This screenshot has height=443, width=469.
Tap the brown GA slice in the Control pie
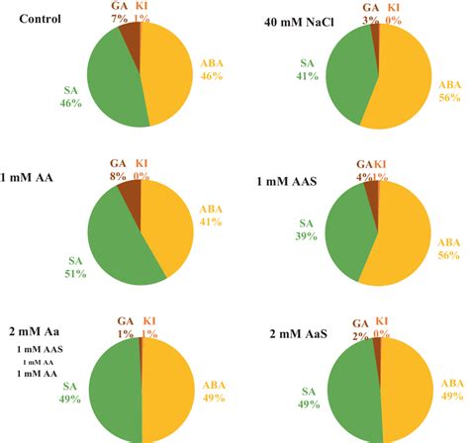[x=131, y=36]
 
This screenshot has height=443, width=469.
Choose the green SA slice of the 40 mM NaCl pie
[x=348, y=74]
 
